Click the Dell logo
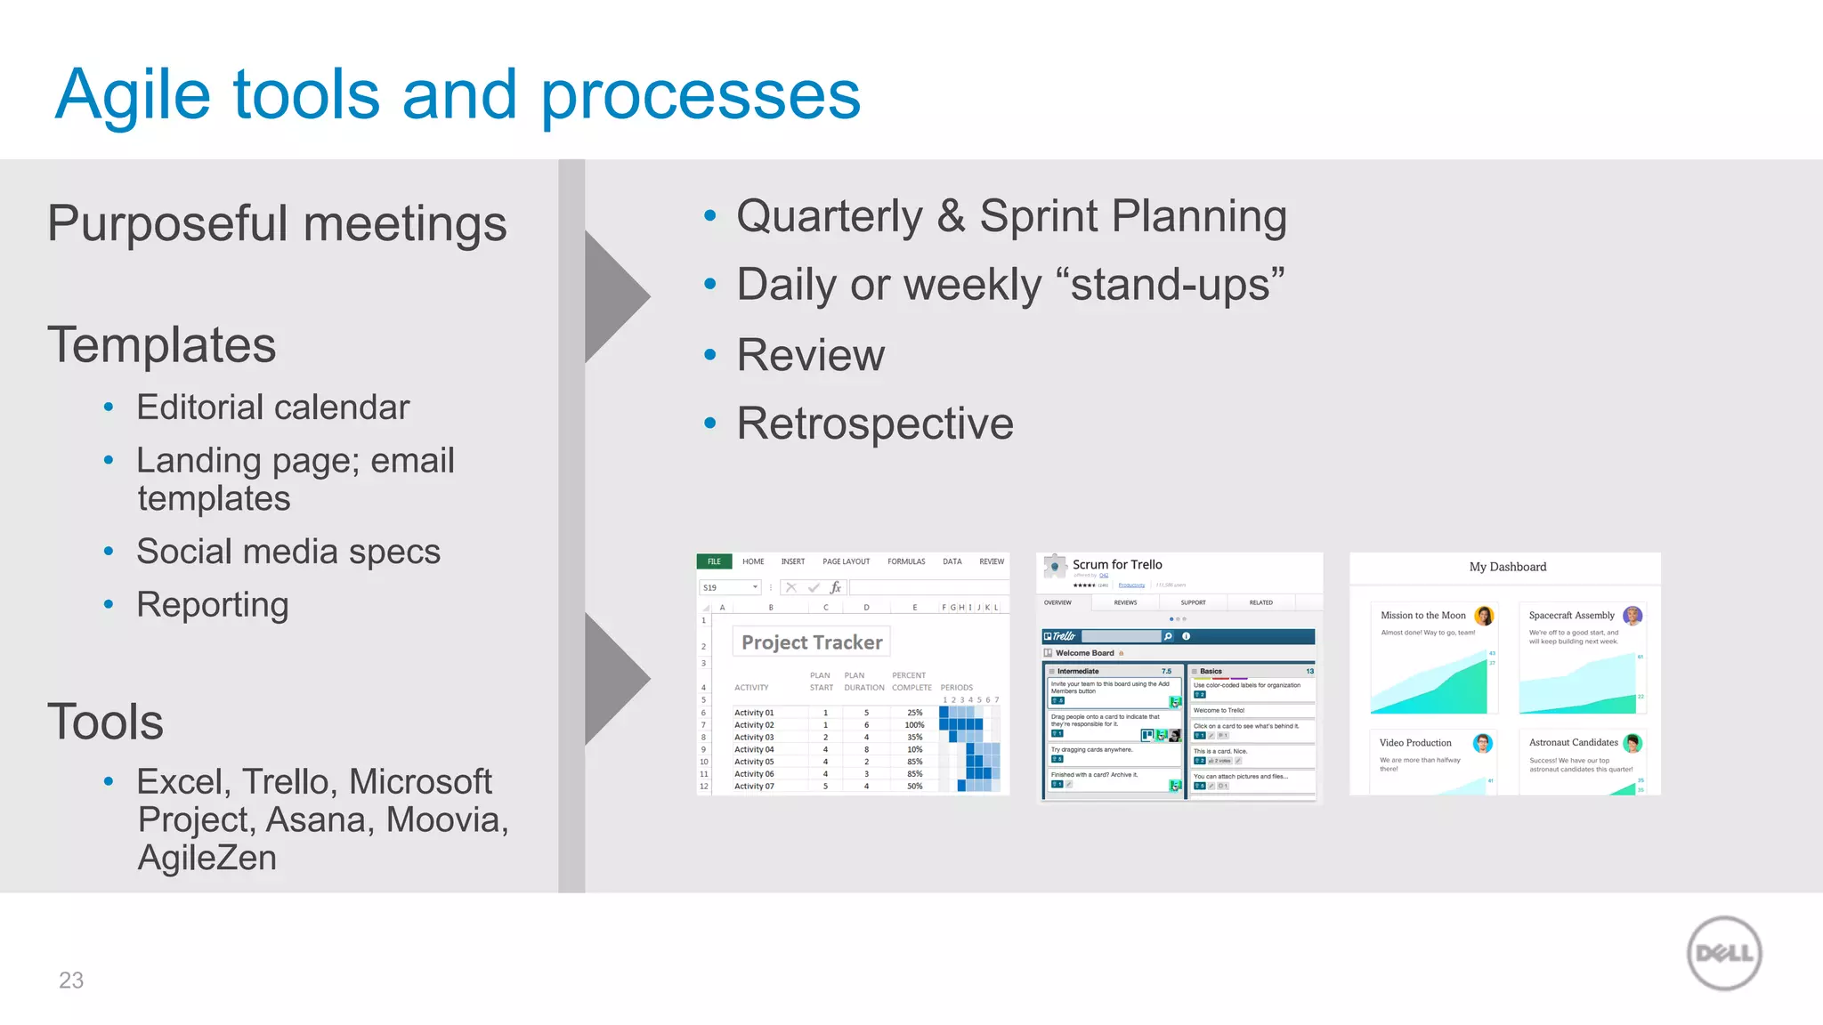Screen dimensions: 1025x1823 pos(1724,953)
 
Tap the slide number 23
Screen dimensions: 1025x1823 pos(71,980)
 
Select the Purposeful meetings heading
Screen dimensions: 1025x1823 pos(277,223)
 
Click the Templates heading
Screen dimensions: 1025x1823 pos(161,345)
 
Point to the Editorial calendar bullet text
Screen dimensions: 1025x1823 pos(272,408)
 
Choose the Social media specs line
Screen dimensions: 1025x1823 pos(288,552)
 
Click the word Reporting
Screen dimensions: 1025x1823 pos(212,605)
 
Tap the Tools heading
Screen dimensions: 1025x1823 pos(105,722)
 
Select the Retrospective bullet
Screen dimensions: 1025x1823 pos(874,424)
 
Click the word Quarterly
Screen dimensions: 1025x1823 pos(830,216)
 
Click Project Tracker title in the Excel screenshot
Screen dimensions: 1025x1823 pos(812,642)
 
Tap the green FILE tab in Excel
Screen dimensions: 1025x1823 pos(714,561)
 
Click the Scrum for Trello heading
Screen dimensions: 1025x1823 pos(1116,564)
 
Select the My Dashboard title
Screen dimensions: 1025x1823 pos(1507,567)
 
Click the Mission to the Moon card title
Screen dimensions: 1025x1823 pos(1422,615)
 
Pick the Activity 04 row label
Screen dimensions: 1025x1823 pos(753,749)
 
